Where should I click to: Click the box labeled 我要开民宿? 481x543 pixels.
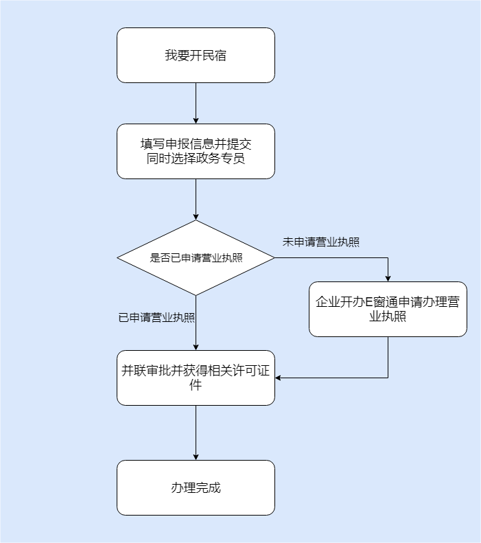click(x=196, y=56)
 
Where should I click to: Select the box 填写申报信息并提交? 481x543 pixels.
click(x=196, y=151)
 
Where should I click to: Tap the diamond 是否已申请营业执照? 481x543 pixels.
click(x=196, y=258)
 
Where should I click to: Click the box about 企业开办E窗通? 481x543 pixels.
click(x=388, y=309)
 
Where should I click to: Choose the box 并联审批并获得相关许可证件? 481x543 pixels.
click(x=196, y=378)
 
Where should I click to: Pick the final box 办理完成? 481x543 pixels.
click(x=196, y=488)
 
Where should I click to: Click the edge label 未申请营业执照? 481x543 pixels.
click(x=321, y=242)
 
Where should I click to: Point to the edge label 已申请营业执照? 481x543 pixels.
click(x=156, y=318)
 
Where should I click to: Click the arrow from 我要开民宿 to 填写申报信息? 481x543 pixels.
click(x=196, y=103)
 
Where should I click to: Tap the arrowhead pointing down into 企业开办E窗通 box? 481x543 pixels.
click(x=388, y=277)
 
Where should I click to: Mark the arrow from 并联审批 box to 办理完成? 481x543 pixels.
click(x=196, y=432)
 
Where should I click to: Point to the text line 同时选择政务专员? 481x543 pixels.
click(x=196, y=159)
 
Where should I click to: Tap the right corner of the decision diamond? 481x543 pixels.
click(x=273, y=258)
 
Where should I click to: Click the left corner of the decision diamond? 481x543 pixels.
click(x=119, y=258)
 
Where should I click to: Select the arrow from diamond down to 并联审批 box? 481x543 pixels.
click(x=196, y=323)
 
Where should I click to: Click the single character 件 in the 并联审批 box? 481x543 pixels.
click(x=196, y=386)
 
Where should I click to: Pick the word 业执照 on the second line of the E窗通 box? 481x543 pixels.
click(x=388, y=317)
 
